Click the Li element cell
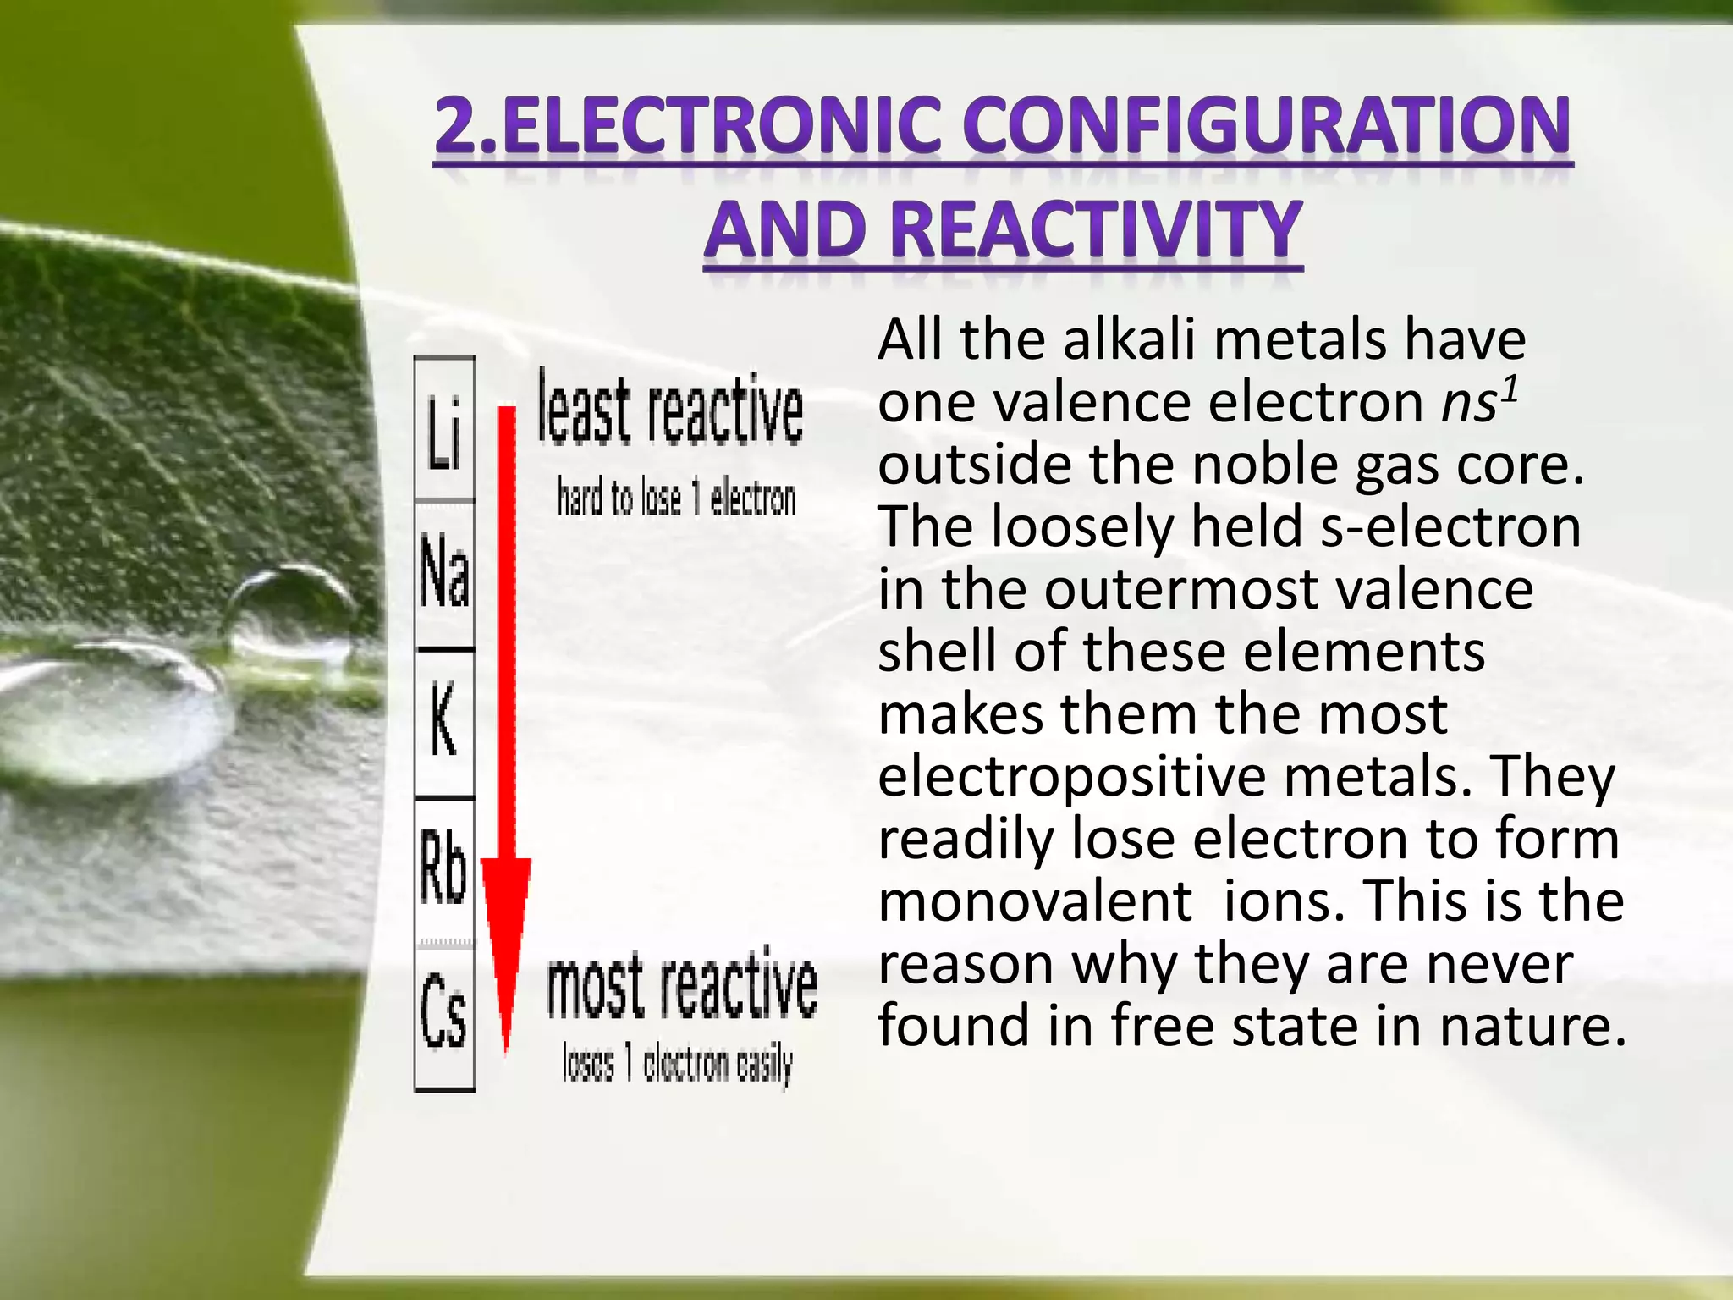(444, 429)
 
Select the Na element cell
(444, 574)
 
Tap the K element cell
(444, 722)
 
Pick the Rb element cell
(444, 867)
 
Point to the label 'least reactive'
(670, 410)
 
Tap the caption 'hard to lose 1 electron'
(676, 498)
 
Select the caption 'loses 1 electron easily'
(677, 1063)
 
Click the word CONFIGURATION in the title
(1266, 127)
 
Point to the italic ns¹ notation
(1480, 401)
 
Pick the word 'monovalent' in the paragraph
(1034, 901)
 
